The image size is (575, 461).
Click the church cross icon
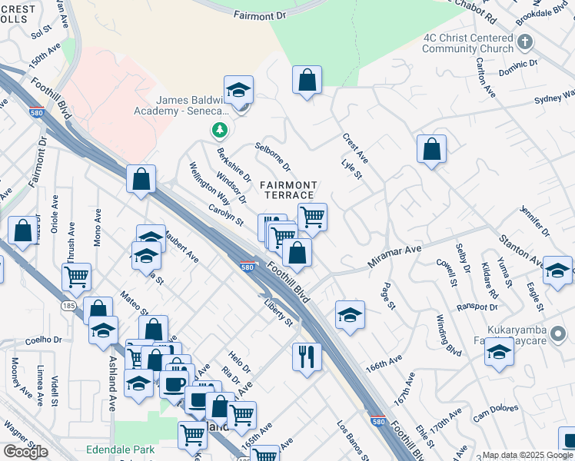[x=526, y=42]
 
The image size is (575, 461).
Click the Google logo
[x=25, y=452]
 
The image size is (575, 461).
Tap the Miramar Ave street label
[x=394, y=256]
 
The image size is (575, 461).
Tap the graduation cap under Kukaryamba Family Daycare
[x=499, y=353]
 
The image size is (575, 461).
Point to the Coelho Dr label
[x=43, y=340]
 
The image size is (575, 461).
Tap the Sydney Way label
[x=555, y=98]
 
